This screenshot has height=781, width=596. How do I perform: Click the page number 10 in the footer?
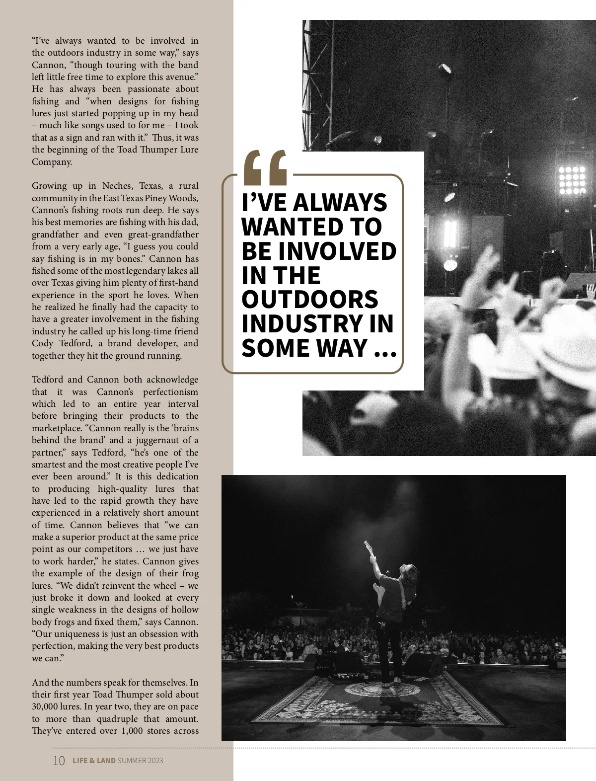point(58,761)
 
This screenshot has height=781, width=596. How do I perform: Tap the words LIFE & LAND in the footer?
point(94,761)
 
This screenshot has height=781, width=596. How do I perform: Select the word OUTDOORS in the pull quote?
point(309,299)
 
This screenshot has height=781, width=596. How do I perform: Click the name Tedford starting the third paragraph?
point(48,380)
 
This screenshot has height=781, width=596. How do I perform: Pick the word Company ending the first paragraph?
point(52,162)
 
